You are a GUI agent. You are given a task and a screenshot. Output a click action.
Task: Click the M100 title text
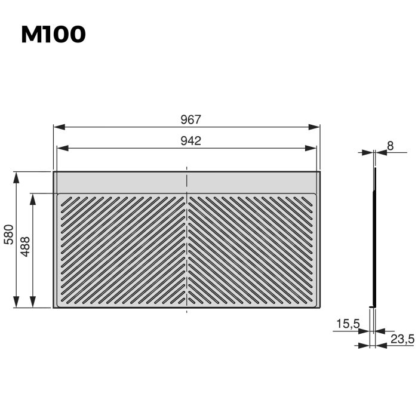pyautogui.click(x=53, y=35)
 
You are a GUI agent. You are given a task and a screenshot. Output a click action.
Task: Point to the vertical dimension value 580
pyautogui.click(x=8, y=236)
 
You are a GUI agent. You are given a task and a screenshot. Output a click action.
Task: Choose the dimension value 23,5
pyautogui.click(x=402, y=339)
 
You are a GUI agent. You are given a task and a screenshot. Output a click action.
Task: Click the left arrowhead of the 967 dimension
pyautogui.click(x=59, y=127)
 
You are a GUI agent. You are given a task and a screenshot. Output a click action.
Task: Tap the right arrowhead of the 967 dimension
pyautogui.click(x=316, y=127)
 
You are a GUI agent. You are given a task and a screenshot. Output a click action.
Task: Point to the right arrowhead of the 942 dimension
pyautogui.click(x=313, y=148)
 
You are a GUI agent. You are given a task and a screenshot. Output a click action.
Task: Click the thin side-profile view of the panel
pyautogui.click(x=374, y=239)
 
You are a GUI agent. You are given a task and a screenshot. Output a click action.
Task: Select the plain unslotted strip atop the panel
pyautogui.click(x=119, y=182)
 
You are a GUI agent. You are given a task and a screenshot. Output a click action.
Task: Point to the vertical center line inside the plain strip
pyautogui.click(x=188, y=182)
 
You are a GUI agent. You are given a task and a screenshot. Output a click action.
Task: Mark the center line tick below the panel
pyautogui.click(x=188, y=311)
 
